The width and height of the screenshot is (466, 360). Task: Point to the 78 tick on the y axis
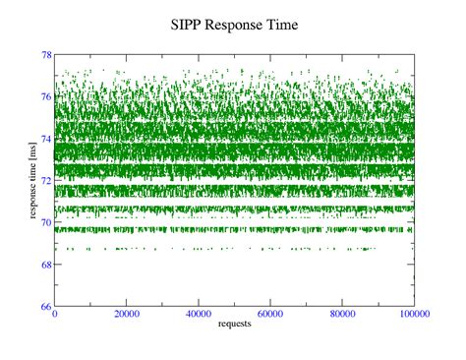coord(46,54)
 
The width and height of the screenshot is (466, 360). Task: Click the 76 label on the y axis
coord(46,96)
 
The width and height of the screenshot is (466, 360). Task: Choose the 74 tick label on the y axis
coord(46,139)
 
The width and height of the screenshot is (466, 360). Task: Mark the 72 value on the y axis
coord(46,181)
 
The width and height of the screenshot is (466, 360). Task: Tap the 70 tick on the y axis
coord(46,223)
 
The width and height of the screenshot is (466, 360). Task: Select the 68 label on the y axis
coord(46,265)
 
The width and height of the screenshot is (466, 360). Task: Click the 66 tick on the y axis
coord(46,307)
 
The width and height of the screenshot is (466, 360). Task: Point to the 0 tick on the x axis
coord(55,317)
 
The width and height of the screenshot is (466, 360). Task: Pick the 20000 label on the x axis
coord(126,317)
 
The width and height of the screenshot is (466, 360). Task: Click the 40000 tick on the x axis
coord(198,317)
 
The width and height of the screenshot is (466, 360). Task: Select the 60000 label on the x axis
coord(270,317)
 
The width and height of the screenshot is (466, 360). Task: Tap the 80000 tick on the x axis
coord(342,317)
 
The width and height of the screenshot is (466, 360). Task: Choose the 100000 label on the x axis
coord(412,317)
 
